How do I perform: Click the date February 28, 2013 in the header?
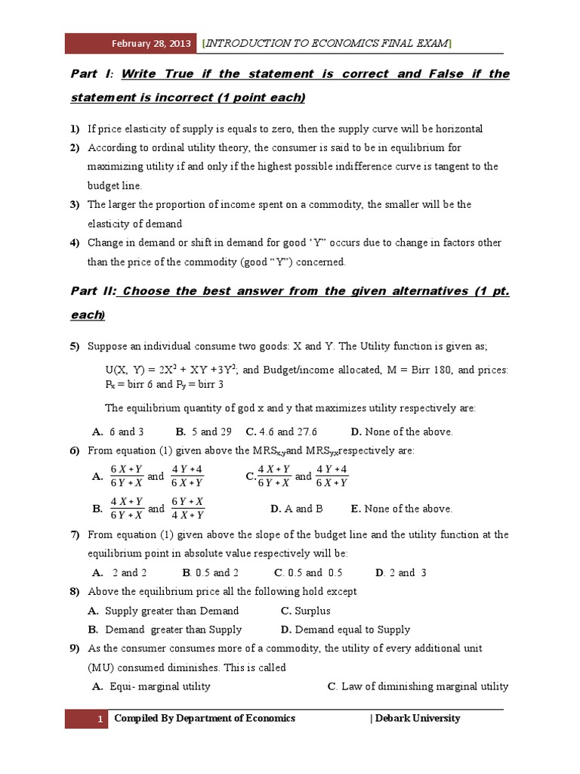tap(151, 43)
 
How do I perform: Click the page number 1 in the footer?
tap(99, 719)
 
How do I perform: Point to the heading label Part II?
tap(94, 291)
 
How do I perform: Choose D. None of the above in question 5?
tap(401, 432)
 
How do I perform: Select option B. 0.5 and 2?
tap(211, 572)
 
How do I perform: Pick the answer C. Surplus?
tap(305, 611)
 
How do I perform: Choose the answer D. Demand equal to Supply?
tap(345, 630)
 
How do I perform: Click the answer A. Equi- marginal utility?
tap(151, 686)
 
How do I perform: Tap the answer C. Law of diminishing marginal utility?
tap(418, 686)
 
